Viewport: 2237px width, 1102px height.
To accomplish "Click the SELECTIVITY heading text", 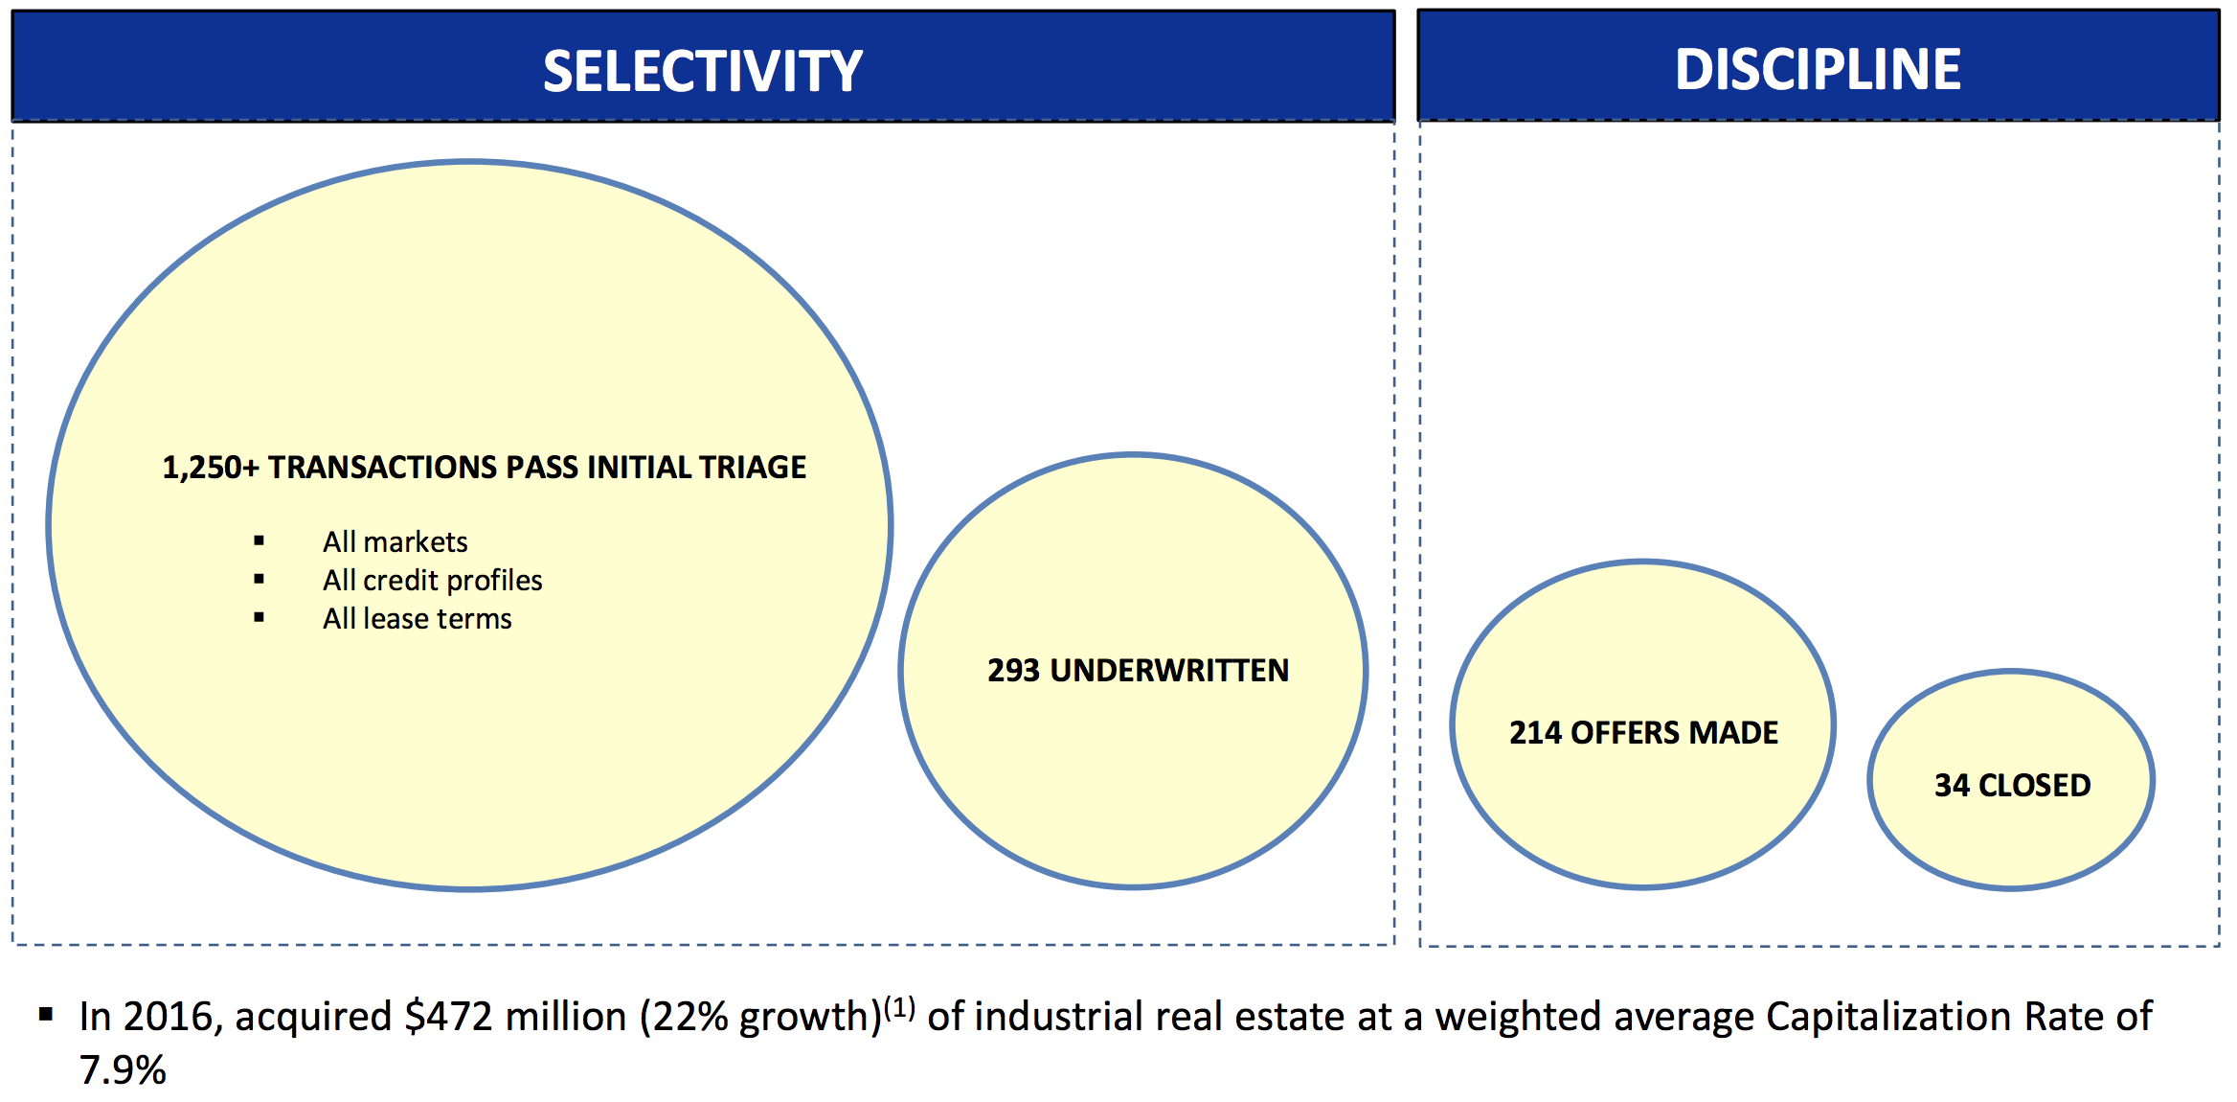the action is (703, 71).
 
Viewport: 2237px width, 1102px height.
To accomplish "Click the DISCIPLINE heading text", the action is (1818, 69).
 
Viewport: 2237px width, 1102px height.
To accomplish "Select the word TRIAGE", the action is (752, 467).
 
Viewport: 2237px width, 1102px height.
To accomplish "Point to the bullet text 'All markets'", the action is (395, 542).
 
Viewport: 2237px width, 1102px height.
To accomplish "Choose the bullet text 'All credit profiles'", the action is (432, 581).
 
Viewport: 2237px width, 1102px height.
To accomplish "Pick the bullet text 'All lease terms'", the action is (417, 619).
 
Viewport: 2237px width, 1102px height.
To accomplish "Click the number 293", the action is (1013, 671).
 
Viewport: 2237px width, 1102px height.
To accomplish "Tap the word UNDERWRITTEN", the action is (1169, 671).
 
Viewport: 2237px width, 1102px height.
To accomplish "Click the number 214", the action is (1535, 733).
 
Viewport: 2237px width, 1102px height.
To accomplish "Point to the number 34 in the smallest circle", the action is (1952, 786).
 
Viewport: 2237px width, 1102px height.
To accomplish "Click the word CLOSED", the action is (2035, 786).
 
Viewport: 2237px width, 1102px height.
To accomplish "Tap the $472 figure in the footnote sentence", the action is (448, 1017).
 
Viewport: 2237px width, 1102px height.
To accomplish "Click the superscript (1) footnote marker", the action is (899, 1008).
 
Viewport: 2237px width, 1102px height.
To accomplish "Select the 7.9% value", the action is (123, 1070).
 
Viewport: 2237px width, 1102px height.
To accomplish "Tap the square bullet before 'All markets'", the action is (259, 541).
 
